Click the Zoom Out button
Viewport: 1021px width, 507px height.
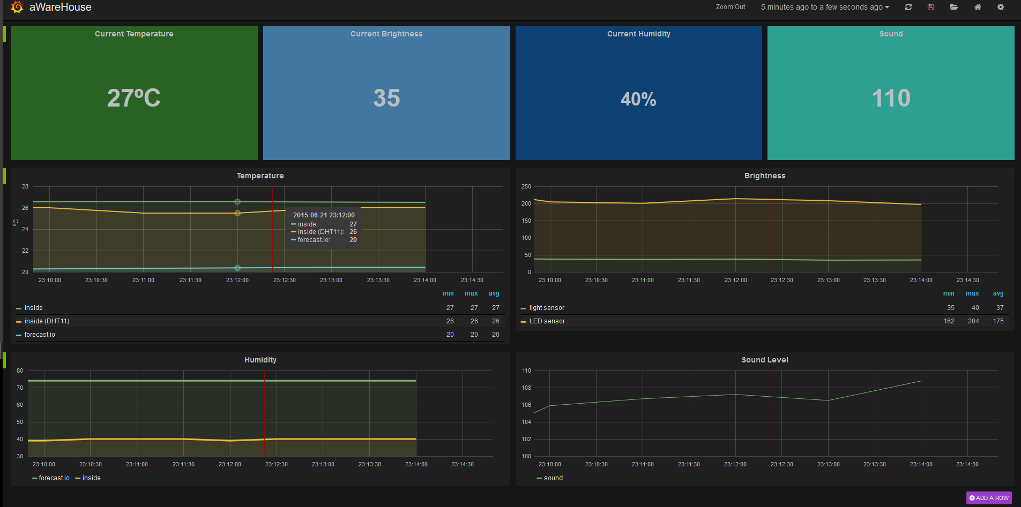(730, 7)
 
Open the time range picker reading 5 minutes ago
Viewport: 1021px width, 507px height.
(825, 7)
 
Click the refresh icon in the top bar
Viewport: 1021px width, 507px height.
(908, 7)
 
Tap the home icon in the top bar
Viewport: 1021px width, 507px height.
(978, 7)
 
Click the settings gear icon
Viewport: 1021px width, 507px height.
(1001, 7)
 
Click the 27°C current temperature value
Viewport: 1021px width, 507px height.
(134, 98)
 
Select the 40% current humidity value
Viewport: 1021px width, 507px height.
(638, 99)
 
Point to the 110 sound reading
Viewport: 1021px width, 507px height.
(891, 98)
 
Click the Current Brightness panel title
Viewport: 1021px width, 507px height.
(386, 34)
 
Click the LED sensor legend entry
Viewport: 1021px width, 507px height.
(547, 321)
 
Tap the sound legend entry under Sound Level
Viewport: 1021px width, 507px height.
(553, 478)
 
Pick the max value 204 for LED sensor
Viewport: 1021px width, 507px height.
(973, 321)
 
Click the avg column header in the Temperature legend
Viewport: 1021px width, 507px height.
(494, 293)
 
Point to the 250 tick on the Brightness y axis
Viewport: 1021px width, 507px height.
(526, 186)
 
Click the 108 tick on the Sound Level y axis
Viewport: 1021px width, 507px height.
(526, 388)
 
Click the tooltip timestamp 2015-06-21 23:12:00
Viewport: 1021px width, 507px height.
(324, 215)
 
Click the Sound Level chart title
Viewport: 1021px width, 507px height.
(765, 360)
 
